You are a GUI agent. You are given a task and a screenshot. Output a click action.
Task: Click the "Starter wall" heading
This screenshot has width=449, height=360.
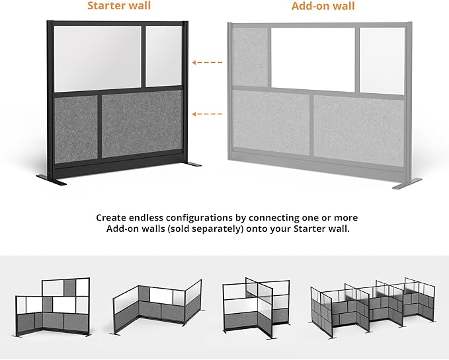click(x=119, y=7)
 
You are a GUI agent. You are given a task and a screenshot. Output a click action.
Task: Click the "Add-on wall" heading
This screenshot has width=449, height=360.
click(x=323, y=7)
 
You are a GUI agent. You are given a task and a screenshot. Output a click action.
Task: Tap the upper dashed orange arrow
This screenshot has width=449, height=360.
click(x=206, y=63)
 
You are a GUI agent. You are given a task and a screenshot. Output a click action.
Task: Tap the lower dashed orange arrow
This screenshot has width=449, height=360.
click(x=206, y=114)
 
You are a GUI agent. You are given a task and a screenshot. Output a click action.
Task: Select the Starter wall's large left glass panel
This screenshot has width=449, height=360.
click(x=99, y=58)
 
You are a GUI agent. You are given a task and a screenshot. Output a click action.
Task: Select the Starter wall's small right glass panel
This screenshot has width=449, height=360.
click(x=164, y=56)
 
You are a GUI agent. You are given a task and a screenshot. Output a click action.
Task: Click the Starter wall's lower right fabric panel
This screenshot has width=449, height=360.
click(x=142, y=124)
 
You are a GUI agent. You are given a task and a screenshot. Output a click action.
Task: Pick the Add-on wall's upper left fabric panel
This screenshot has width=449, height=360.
click(x=250, y=57)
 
